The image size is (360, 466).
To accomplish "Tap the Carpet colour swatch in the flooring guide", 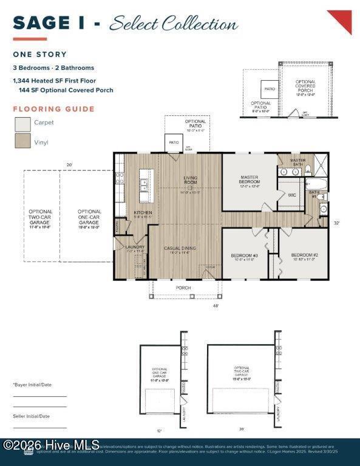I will pyautogui.click(x=22, y=123).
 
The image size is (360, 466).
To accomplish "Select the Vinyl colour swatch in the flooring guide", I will pyautogui.click(x=22, y=141).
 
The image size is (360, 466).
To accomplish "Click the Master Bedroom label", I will pyautogui.click(x=249, y=180).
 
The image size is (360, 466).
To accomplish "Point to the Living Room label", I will pyautogui.click(x=191, y=180).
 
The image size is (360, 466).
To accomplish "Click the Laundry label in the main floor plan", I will pyautogui.click(x=134, y=247).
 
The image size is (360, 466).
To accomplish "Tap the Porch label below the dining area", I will pyautogui.click(x=183, y=288).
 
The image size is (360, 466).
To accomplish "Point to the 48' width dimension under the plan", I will pyautogui.click(x=216, y=306).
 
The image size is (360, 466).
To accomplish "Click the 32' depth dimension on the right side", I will pyautogui.click(x=337, y=223).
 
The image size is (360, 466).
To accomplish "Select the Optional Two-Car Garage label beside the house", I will pyautogui.click(x=41, y=217).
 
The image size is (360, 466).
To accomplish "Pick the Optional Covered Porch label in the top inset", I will pyautogui.click(x=305, y=88).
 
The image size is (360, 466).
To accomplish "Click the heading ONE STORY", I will pyautogui.click(x=40, y=55).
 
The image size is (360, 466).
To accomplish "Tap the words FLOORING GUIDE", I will pyautogui.click(x=54, y=109).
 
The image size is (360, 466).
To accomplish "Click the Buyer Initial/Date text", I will pyautogui.click(x=32, y=385).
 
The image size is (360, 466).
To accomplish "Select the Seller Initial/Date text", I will pyautogui.click(x=32, y=416).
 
